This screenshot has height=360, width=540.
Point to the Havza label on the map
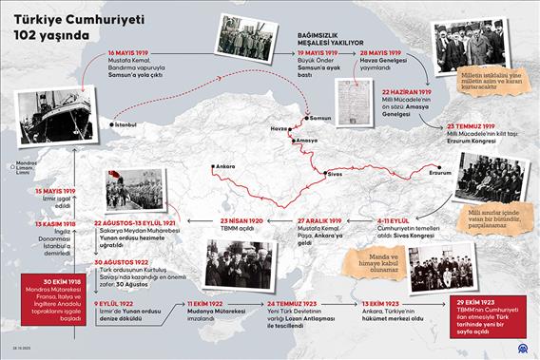[x=277, y=128]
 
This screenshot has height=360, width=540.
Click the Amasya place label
[x=307, y=141]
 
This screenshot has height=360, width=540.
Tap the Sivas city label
[x=335, y=175]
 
